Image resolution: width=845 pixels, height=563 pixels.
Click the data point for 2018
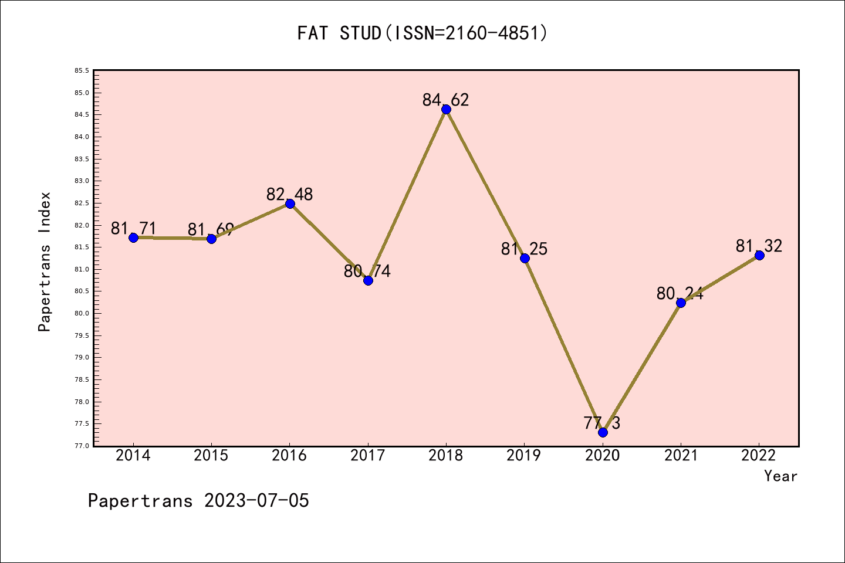[446, 109]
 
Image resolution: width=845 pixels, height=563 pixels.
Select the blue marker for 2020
[603, 432]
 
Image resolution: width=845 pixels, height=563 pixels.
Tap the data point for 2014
[133, 238]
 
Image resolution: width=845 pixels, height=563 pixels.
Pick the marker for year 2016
[290, 204]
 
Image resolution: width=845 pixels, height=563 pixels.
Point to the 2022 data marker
[759, 255]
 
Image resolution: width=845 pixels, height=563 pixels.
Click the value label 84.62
[446, 100]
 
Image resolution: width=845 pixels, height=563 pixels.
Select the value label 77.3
[602, 423]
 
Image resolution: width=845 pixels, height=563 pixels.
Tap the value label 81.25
[524, 249]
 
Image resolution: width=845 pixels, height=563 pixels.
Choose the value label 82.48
[290, 194]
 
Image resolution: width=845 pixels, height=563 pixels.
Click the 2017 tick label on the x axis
[368, 456]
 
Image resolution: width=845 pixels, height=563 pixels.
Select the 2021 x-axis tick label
[681, 456]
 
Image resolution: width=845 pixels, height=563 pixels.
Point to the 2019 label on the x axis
[524, 456]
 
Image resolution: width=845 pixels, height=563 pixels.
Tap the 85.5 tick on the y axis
[82, 71]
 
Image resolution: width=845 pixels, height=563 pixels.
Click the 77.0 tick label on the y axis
[82, 446]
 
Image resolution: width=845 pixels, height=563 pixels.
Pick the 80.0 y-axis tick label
[82, 313]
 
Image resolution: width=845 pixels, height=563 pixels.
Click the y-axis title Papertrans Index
[45, 262]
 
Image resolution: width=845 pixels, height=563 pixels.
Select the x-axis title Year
[780, 476]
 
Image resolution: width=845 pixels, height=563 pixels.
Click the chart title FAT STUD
[422, 33]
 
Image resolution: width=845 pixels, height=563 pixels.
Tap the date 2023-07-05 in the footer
[256, 501]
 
